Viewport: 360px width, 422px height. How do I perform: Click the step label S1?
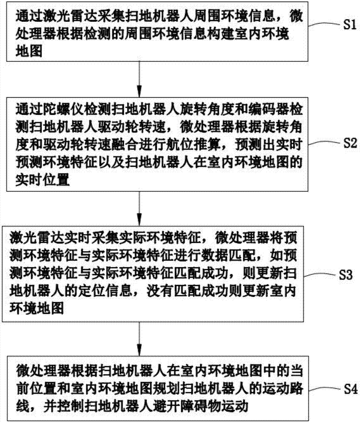pos(349,25)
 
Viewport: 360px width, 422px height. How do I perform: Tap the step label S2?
pos(350,143)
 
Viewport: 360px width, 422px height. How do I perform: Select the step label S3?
pos(346,275)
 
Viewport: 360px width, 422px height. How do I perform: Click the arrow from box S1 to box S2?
pos(139,79)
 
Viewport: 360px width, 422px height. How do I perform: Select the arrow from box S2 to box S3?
pos(139,208)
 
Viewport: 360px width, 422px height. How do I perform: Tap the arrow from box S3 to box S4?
pos(139,339)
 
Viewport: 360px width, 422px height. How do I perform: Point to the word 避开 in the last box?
pos(167,406)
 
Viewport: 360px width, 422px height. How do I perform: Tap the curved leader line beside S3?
pos(320,275)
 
